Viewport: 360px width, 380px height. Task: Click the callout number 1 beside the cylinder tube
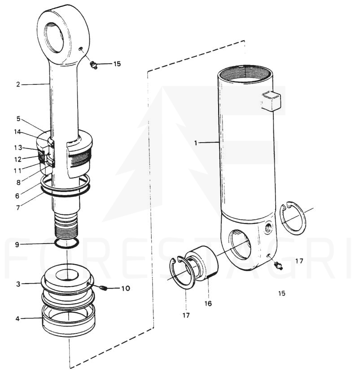pyautogui.click(x=196, y=143)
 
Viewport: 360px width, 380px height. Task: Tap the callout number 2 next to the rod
pyautogui.click(x=18, y=84)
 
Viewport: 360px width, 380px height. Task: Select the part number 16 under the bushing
pyautogui.click(x=208, y=303)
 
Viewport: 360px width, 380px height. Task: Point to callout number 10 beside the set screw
pyautogui.click(x=126, y=288)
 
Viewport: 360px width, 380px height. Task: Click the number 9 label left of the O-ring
pyautogui.click(x=17, y=245)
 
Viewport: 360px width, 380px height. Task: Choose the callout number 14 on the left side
pyautogui.click(x=18, y=132)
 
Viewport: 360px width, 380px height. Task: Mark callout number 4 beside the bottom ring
pyautogui.click(x=18, y=319)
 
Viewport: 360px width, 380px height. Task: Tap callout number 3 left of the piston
pyautogui.click(x=18, y=284)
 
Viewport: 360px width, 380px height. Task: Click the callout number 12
pyautogui.click(x=18, y=159)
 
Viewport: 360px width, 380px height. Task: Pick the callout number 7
pyautogui.click(x=18, y=208)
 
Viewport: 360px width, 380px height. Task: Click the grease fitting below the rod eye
pyautogui.click(x=93, y=65)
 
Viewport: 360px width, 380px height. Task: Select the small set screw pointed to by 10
pyautogui.click(x=103, y=288)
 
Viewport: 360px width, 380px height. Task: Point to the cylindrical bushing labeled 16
pyautogui.click(x=202, y=263)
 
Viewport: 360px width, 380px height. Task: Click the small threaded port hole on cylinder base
pyautogui.click(x=268, y=227)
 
